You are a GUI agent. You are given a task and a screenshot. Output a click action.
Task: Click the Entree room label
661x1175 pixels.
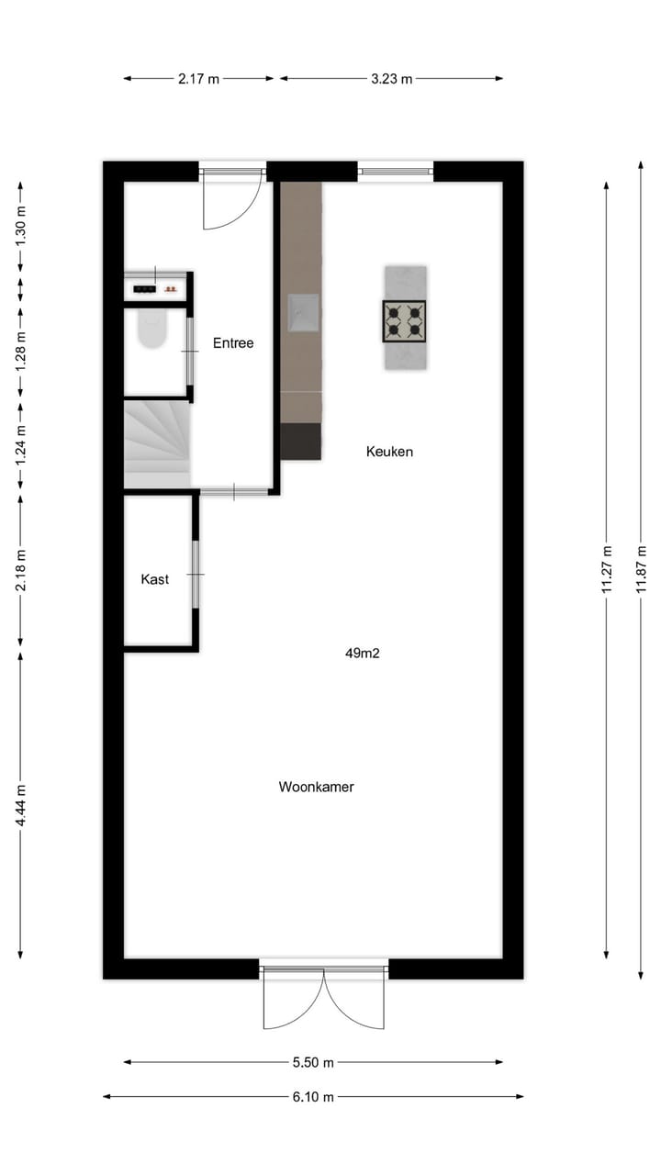click(x=233, y=343)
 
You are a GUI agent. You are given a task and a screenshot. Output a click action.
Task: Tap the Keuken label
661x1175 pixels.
click(x=389, y=452)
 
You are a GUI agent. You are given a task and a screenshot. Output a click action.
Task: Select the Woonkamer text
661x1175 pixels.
click(x=317, y=787)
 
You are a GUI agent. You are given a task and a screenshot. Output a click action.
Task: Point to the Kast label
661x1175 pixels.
click(x=154, y=579)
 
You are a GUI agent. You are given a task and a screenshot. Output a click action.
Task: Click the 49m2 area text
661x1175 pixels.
click(x=363, y=654)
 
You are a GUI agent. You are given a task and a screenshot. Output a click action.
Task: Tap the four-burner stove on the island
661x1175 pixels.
click(x=405, y=321)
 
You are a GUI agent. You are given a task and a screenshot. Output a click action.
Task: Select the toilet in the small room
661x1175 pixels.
click(x=152, y=330)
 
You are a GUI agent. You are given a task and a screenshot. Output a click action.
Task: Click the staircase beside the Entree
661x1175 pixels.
click(x=156, y=444)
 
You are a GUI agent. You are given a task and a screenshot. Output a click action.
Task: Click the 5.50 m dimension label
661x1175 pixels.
click(x=313, y=1062)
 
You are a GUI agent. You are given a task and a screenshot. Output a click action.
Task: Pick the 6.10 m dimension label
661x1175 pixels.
click(x=313, y=1096)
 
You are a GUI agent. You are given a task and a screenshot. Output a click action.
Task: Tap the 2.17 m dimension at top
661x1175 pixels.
click(x=199, y=79)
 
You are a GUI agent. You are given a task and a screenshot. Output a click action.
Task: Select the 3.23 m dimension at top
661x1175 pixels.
click(x=392, y=79)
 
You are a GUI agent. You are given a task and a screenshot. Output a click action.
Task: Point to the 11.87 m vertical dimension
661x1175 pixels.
click(x=641, y=570)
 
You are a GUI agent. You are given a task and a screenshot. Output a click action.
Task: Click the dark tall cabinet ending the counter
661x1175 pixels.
click(x=301, y=441)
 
